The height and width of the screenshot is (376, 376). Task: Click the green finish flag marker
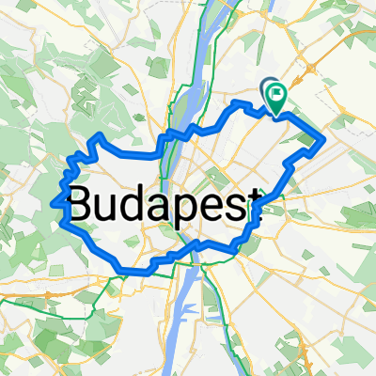[x=276, y=95]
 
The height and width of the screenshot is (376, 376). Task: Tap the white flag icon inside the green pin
[x=277, y=93]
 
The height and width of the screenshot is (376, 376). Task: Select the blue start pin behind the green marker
[x=266, y=87]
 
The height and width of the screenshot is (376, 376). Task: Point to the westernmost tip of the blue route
[x=56, y=201]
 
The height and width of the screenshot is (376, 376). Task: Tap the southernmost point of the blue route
[x=127, y=271]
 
